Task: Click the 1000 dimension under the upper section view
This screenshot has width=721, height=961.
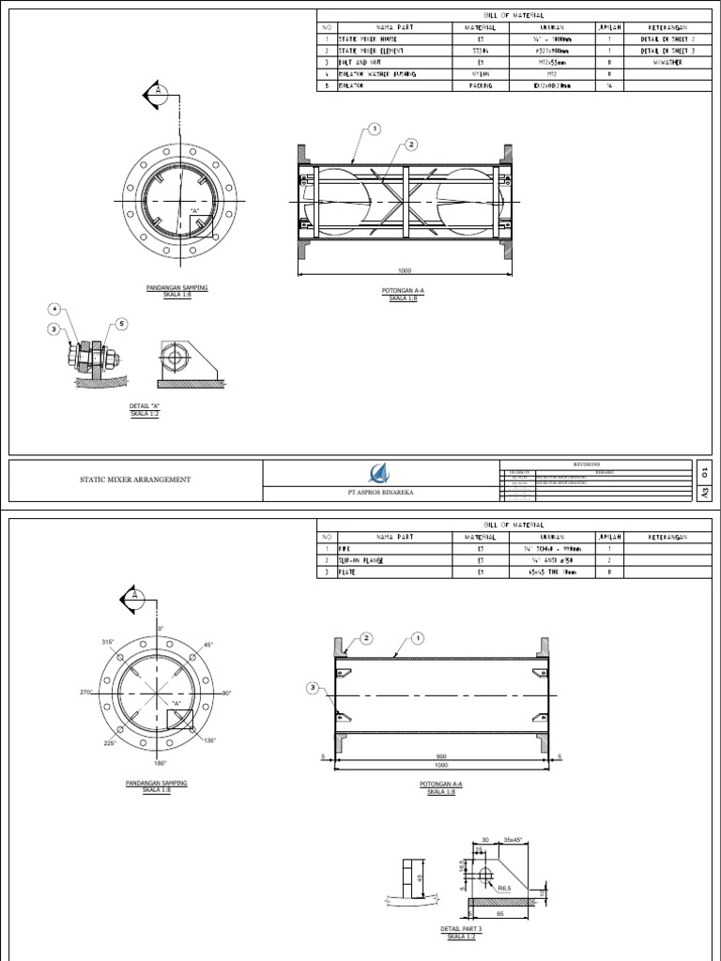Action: [406, 270]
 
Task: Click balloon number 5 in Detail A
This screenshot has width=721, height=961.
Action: [122, 324]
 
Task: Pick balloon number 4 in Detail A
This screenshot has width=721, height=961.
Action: [55, 308]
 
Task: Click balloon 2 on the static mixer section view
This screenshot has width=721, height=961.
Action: [410, 145]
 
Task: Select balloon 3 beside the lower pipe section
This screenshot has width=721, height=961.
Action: [313, 688]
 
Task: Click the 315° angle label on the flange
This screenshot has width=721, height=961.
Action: [106, 642]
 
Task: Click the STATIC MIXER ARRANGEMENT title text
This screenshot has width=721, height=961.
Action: [137, 480]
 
